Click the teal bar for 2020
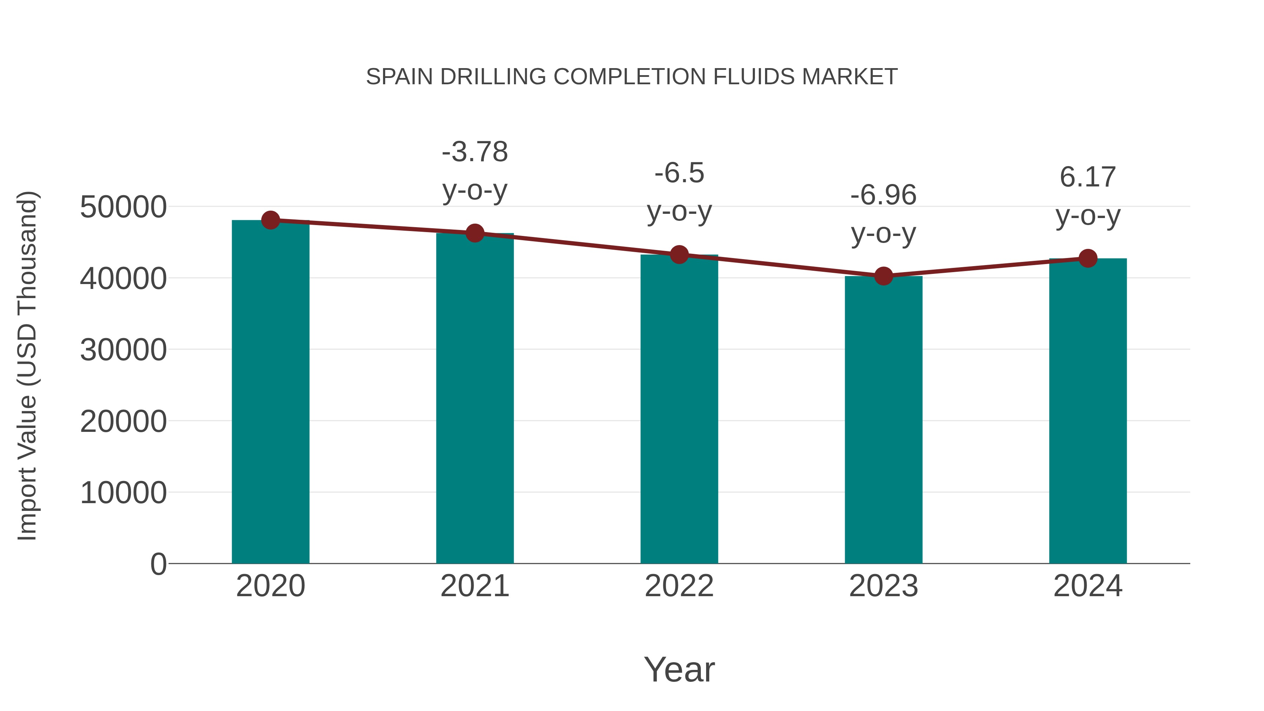tap(270, 393)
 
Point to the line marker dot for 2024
tap(1088, 258)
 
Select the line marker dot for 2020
tap(270, 220)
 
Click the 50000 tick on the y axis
tap(123, 207)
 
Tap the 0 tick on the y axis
tap(158, 564)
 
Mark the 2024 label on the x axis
tap(1088, 586)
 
